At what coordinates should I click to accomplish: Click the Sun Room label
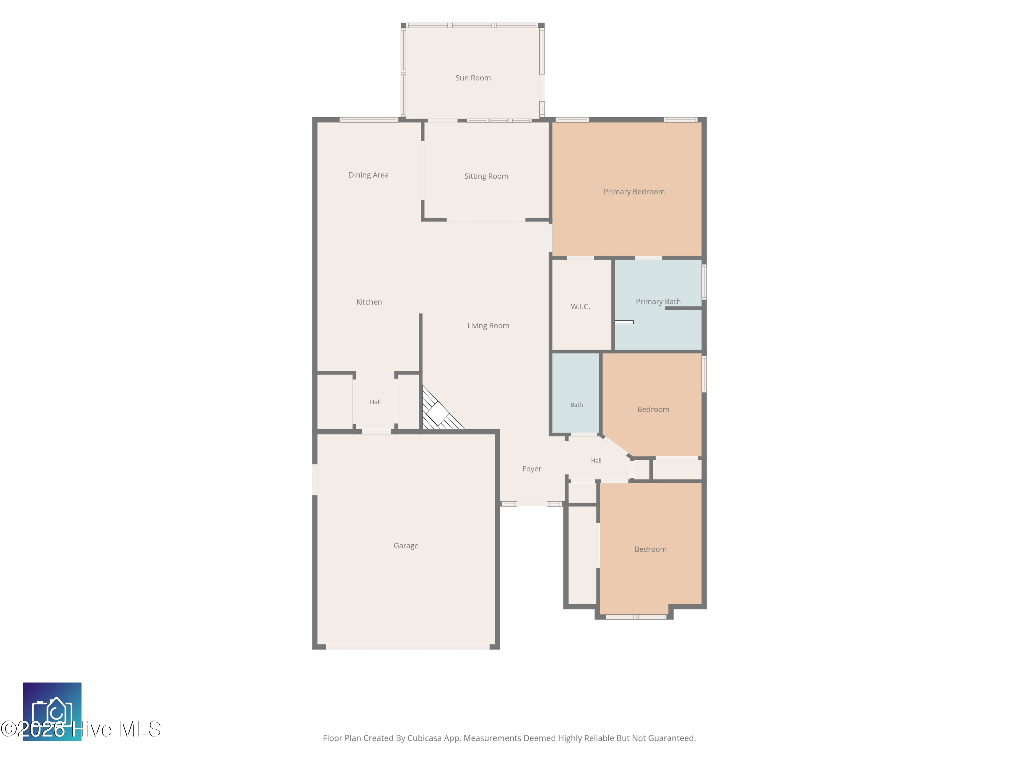(473, 78)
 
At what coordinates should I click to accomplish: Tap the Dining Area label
(369, 175)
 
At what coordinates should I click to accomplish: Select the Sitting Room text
(486, 176)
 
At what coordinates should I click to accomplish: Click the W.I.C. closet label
(580, 306)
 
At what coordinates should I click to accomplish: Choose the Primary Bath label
(658, 301)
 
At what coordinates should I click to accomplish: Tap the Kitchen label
(369, 302)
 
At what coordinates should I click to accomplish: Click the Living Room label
(488, 326)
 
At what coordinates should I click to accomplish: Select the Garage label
(406, 546)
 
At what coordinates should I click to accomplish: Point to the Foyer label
(532, 469)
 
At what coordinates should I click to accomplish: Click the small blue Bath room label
(576, 405)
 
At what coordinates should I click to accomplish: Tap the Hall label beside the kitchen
(375, 402)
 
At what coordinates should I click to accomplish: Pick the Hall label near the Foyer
(596, 460)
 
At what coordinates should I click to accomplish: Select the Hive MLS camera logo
(52, 711)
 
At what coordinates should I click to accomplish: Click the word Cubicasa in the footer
(425, 738)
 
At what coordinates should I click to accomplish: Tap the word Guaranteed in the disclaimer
(672, 738)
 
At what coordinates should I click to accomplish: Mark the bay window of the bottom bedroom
(636, 617)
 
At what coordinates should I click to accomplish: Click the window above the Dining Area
(369, 120)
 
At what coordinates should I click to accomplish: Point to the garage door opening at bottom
(408, 647)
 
